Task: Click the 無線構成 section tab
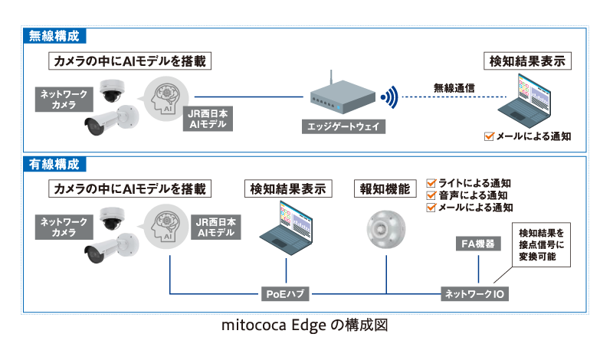point(54,36)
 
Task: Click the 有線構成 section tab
point(54,164)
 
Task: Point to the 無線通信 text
point(454,87)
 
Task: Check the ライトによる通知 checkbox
point(431,184)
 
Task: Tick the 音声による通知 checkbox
point(431,195)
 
